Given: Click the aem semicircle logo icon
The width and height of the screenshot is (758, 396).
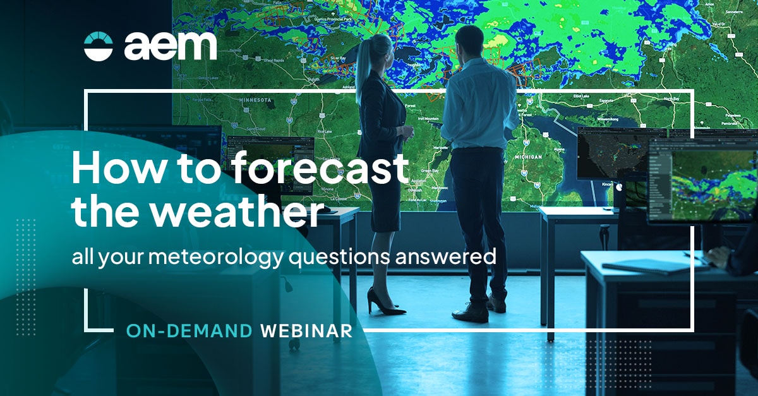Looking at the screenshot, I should coord(98,46).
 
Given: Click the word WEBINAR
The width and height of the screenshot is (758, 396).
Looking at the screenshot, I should coord(306,330).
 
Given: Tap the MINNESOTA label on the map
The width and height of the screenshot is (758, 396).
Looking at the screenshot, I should coord(255,100).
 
